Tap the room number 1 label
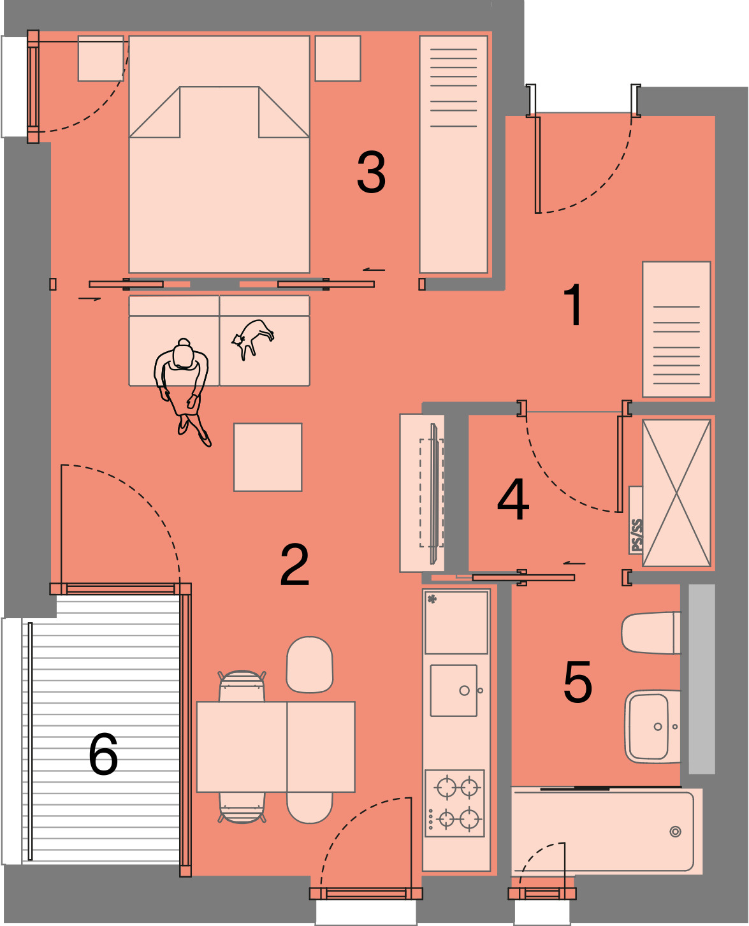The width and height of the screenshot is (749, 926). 574,304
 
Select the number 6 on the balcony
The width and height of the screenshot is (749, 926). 103,753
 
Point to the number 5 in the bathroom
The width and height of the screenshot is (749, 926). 578,681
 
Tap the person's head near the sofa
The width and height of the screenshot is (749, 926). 183,355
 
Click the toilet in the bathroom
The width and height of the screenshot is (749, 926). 651,633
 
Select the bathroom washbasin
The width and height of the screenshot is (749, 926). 652,726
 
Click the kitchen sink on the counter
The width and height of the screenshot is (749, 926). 453,690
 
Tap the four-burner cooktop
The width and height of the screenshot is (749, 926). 454,804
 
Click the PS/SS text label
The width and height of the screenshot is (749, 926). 636,535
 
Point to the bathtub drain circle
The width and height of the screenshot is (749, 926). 675,832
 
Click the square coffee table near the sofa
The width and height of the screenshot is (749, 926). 267,458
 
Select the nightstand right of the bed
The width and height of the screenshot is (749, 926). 338,58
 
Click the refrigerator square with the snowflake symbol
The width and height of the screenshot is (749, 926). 456,621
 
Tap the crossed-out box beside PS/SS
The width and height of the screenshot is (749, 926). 676,493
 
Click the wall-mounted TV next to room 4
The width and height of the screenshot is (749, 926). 433,493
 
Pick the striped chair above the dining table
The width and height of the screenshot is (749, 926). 242,686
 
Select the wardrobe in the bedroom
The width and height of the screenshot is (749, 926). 453,154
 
